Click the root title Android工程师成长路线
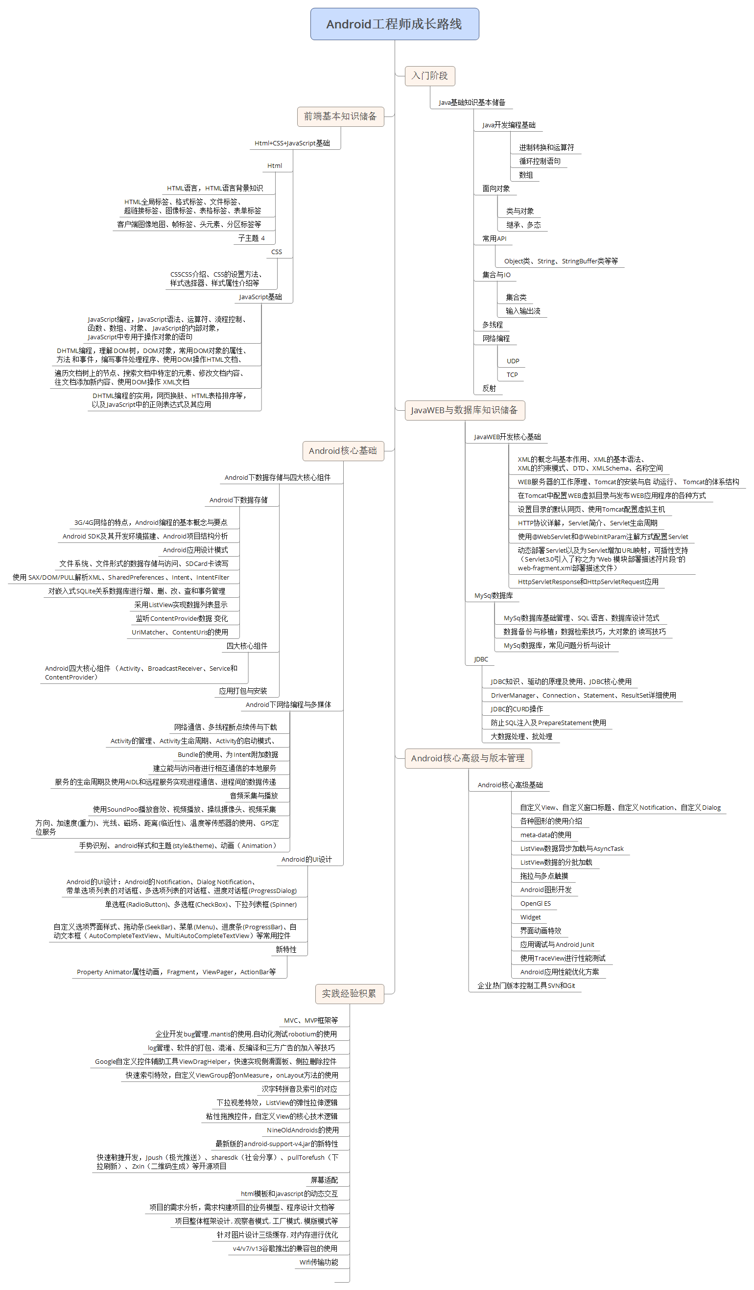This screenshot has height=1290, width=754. pos(394,24)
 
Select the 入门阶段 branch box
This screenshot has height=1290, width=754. pos(430,76)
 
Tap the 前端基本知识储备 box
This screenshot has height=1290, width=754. pos(340,117)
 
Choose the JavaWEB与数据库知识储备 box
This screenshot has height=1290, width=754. pos(465,410)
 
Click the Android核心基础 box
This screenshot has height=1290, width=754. pos(343,451)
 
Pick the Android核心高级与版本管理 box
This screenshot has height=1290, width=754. pos(468,758)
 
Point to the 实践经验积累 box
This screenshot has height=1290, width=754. pos(349,994)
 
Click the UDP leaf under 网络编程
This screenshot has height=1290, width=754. pos(513,361)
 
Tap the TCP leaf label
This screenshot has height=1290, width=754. pos(513,375)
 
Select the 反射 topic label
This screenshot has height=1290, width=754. pos(489,389)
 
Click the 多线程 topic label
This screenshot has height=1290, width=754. pos(493,325)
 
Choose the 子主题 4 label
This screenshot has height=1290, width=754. pos(251,238)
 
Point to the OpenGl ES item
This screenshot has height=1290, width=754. pos(536,904)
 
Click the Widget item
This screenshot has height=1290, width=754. pos(530,917)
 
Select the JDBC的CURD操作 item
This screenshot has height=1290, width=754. pos(517,709)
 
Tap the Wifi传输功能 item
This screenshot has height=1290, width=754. pos(319,1263)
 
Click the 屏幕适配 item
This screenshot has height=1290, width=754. pos(324,1180)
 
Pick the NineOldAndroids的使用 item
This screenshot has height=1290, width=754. pos(303,1130)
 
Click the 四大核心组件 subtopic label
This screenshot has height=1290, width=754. pos(247,646)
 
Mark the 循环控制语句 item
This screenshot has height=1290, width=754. pos(540,161)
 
